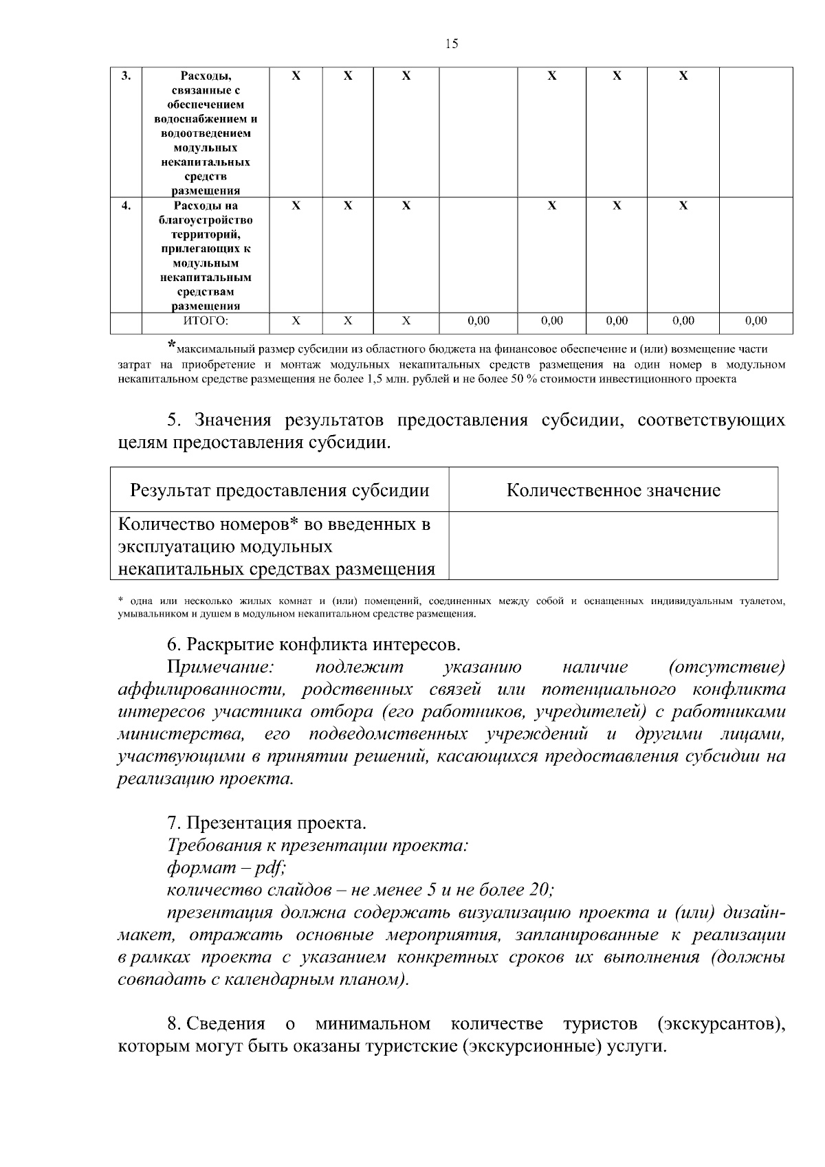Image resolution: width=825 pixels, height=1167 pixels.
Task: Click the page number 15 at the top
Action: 451,44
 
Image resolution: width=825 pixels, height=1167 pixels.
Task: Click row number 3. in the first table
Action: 126,76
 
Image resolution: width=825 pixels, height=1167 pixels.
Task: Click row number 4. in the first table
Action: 126,205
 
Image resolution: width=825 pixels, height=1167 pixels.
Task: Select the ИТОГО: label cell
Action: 206,321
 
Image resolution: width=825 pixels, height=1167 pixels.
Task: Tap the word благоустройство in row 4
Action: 206,220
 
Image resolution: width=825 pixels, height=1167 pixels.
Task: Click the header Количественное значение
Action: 613,490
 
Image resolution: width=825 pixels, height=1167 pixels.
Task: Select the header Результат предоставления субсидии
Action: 280,490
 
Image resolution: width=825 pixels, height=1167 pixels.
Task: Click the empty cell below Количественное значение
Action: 613,546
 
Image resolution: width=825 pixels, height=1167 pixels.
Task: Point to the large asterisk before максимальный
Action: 172,346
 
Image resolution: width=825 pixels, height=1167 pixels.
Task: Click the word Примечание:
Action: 221,667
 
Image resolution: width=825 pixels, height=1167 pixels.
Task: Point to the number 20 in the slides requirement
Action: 538,890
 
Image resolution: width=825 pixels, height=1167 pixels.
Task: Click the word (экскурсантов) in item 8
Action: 721,1024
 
